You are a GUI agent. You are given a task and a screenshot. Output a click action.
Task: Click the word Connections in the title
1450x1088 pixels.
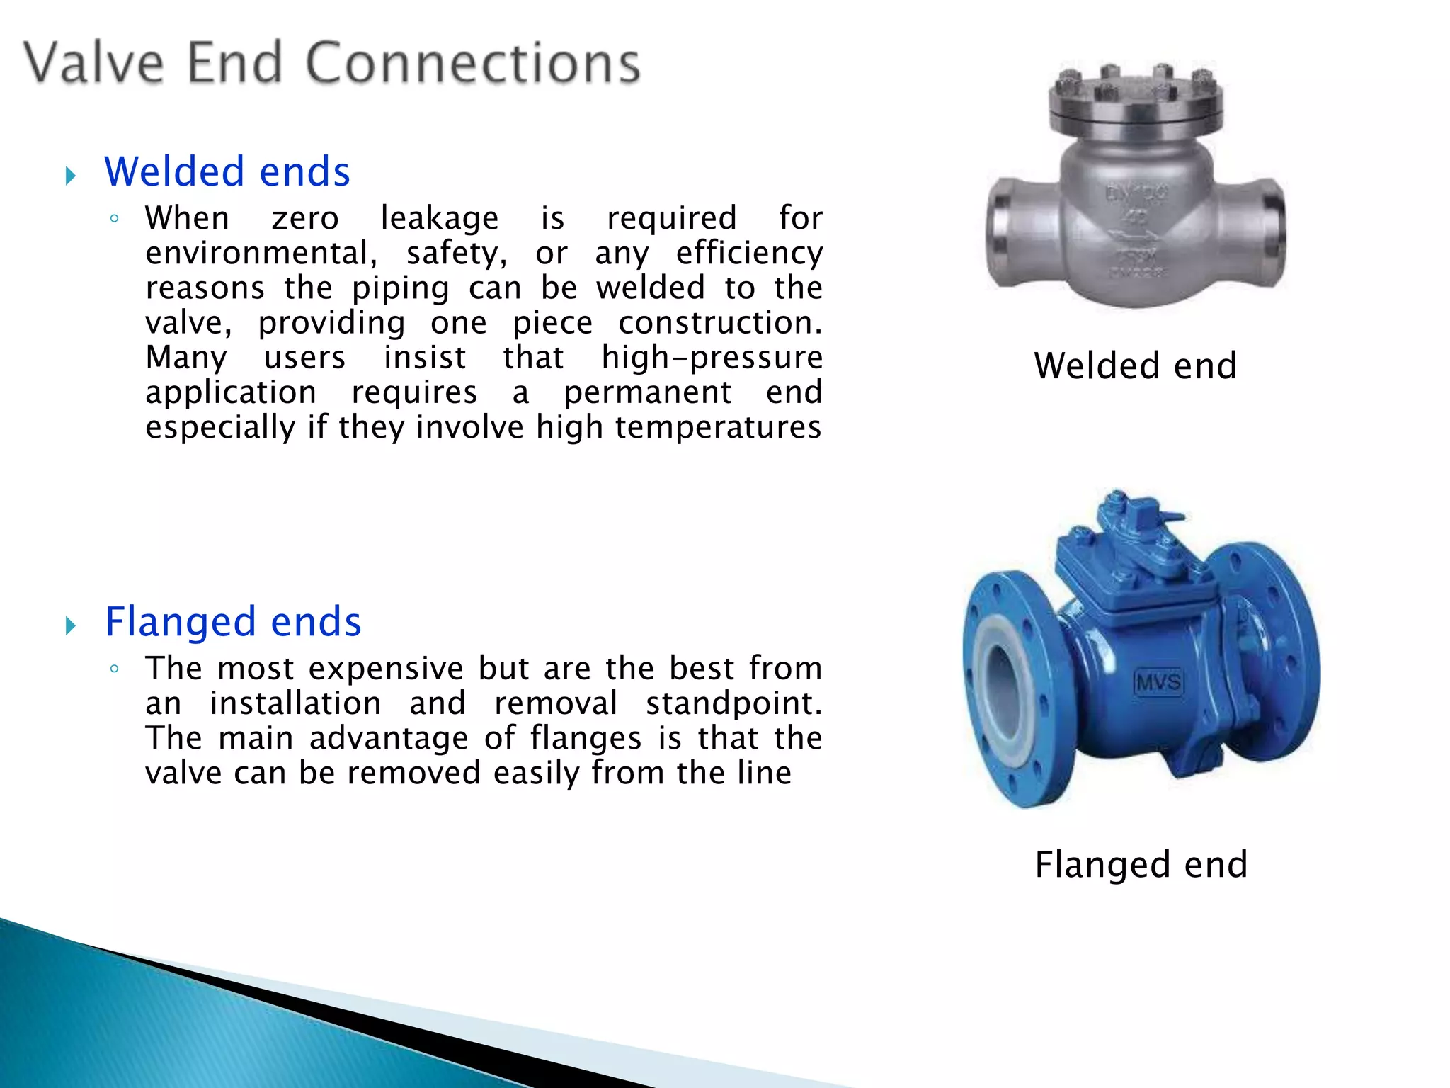tap(473, 64)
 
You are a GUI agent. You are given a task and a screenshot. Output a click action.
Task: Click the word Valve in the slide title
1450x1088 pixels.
tap(94, 64)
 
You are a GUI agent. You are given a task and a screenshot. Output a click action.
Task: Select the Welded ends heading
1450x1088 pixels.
tap(227, 172)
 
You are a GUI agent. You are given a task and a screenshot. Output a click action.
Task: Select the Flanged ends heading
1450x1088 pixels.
tap(233, 622)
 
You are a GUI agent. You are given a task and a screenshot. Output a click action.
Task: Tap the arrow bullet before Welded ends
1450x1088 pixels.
tap(70, 176)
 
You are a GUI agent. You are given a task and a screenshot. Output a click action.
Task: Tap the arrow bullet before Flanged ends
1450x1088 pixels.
tap(70, 625)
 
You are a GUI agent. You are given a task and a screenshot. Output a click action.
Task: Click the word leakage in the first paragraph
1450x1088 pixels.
tap(439, 218)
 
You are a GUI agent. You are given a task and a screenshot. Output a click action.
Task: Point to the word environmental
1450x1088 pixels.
tap(261, 253)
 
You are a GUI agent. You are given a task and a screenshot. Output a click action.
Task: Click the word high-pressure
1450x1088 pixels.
tap(712, 357)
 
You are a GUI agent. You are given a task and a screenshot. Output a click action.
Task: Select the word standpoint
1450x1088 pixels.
tap(733, 703)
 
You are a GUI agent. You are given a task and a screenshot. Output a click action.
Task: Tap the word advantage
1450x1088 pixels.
tap(389, 738)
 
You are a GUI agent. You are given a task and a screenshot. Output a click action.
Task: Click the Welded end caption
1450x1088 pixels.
tap(1135, 366)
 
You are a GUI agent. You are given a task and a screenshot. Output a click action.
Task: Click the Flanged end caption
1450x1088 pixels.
tap(1141, 865)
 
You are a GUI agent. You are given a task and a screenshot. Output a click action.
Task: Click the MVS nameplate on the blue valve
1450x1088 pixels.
tap(1159, 682)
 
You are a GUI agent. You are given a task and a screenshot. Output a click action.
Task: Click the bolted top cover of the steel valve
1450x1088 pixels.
tap(1135, 103)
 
